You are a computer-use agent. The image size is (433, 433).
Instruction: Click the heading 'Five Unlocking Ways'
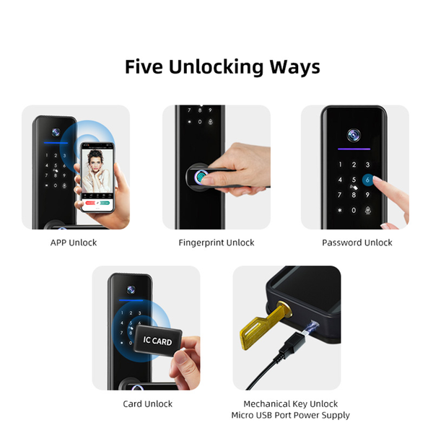pos(222,67)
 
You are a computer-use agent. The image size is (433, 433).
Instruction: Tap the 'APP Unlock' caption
pos(74,242)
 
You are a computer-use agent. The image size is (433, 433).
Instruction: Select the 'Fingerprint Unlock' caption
pos(216,242)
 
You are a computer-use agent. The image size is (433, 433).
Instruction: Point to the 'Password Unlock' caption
pos(357,242)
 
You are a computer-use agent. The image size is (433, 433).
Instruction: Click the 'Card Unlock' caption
pos(147,404)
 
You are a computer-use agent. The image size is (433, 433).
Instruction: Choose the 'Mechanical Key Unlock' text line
pos(291,404)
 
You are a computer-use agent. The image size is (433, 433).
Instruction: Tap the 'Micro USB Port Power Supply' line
pos(291,415)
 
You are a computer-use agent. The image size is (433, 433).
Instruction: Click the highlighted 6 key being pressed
pos(367,180)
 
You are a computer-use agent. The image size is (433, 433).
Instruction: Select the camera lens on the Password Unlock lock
pos(354,135)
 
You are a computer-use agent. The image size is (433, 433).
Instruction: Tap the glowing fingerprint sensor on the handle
pos(201,177)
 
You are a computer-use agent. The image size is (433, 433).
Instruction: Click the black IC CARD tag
pos(157,340)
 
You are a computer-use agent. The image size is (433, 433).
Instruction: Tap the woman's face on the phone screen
pos(95,162)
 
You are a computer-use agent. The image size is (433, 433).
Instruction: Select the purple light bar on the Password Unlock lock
pos(354,149)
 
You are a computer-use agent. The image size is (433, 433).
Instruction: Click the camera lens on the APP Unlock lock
pos(56,132)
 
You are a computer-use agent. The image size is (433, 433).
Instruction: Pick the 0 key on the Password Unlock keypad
pos(354,211)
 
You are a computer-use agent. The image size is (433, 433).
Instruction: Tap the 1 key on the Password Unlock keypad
pos(340,165)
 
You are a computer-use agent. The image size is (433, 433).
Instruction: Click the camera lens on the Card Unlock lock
pos(131,289)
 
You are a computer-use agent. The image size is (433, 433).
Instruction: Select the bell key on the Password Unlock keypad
pos(367,211)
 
